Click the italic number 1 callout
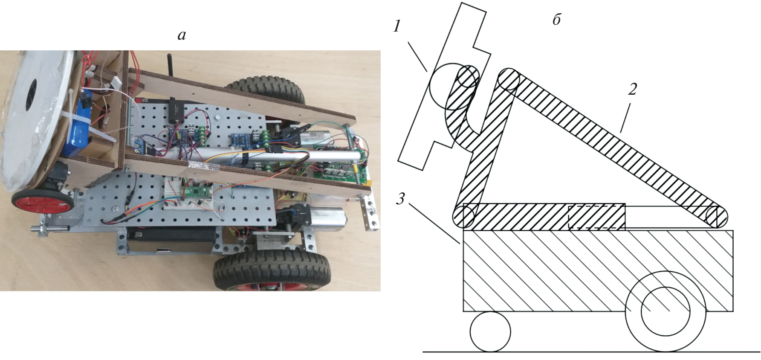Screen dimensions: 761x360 (397, 27)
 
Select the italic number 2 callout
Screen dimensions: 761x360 (632, 89)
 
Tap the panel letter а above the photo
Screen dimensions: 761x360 (182, 36)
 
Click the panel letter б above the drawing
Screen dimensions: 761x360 (556, 19)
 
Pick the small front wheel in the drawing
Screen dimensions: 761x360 (490, 331)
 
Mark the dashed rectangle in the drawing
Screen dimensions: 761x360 (597, 218)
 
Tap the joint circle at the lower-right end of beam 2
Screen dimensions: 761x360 (717, 217)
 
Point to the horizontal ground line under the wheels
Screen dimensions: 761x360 (590, 352)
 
